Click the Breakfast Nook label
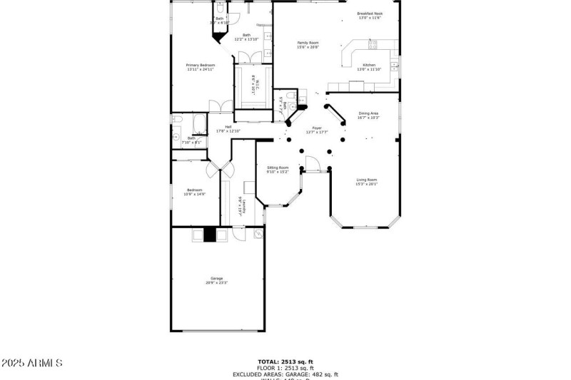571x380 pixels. click(x=370, y=13)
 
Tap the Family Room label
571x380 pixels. click(x=308, y=43)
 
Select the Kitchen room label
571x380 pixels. click(x=369, y=65)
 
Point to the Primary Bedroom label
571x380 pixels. click(x=201, y=65)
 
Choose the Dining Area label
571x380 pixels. click(x=368, y=113)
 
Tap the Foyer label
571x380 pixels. click(x=316, y=128)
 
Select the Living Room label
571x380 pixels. click(x=367, y=180)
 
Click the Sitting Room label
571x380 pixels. click(x=278, y=168)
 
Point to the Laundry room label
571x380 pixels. click(x=243, y=206)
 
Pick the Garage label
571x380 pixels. click(x=216, y=278)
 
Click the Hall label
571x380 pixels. click(x=228, y=127)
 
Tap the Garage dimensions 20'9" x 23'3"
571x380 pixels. click(x=216, y=283)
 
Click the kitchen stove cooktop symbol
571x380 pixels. click(x=372, y=46)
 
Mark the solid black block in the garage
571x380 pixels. click(x=210, y=235)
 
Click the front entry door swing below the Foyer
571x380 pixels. click(x=313, y=164)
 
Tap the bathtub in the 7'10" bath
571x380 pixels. click(x=178, y=119)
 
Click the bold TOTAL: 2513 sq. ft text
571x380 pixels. click(x=285, y=361)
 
